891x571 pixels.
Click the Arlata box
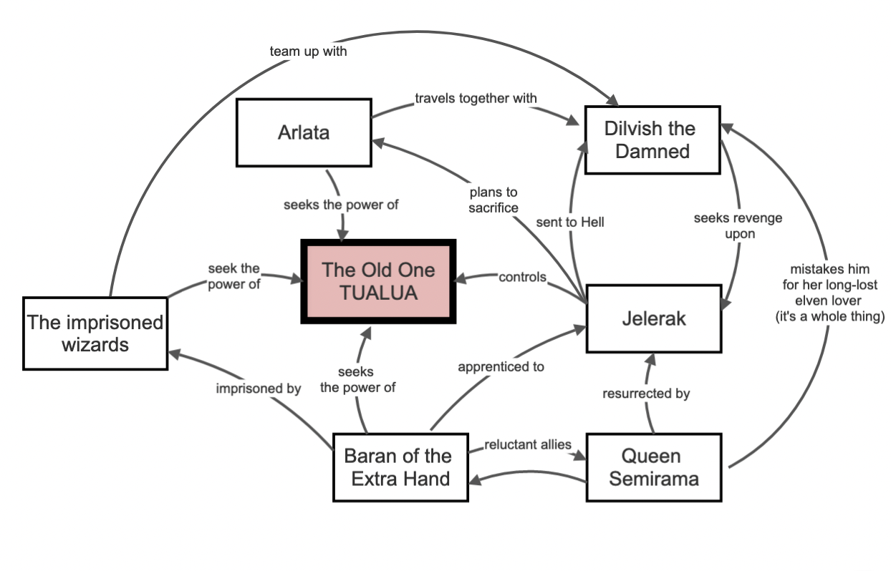[303, 133]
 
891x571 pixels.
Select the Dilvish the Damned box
[652, 140]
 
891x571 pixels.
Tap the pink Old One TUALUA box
[378, 280]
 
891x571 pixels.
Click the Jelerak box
[653, 318]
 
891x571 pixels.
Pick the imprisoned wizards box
[95, 333]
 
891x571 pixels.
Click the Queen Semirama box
[653, 467]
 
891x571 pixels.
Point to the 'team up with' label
[308, 52]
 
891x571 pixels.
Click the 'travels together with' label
[476, 97]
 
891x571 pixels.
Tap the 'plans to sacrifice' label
[493, 200]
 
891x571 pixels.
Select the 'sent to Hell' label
[570, 222]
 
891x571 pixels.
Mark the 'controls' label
[522, 277]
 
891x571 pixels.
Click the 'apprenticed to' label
[501, 366]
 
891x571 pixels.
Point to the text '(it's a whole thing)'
[830, 316]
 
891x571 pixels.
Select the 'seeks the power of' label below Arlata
[341, 205]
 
